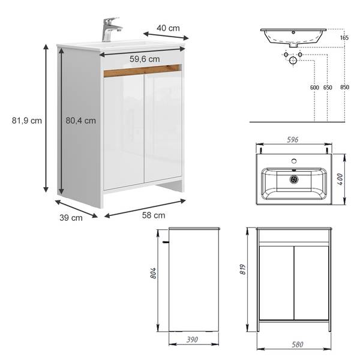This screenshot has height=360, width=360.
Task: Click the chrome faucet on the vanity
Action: coord(110,29)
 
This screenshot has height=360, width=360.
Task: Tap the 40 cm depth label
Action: coord(168,28)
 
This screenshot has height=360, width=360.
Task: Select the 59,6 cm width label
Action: coord(145,59)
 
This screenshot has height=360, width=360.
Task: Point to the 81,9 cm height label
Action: coord(27,121)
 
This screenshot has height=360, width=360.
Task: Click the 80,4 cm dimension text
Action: coord(81,121)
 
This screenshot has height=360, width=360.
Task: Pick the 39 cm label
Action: coord(71,218)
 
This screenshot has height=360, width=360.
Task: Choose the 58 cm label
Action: coord(154,215)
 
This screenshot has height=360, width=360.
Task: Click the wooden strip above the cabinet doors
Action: coord(142,70)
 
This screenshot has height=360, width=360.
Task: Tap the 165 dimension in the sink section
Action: coord(344,38)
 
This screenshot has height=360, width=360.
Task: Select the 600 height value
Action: coord(314,88)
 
